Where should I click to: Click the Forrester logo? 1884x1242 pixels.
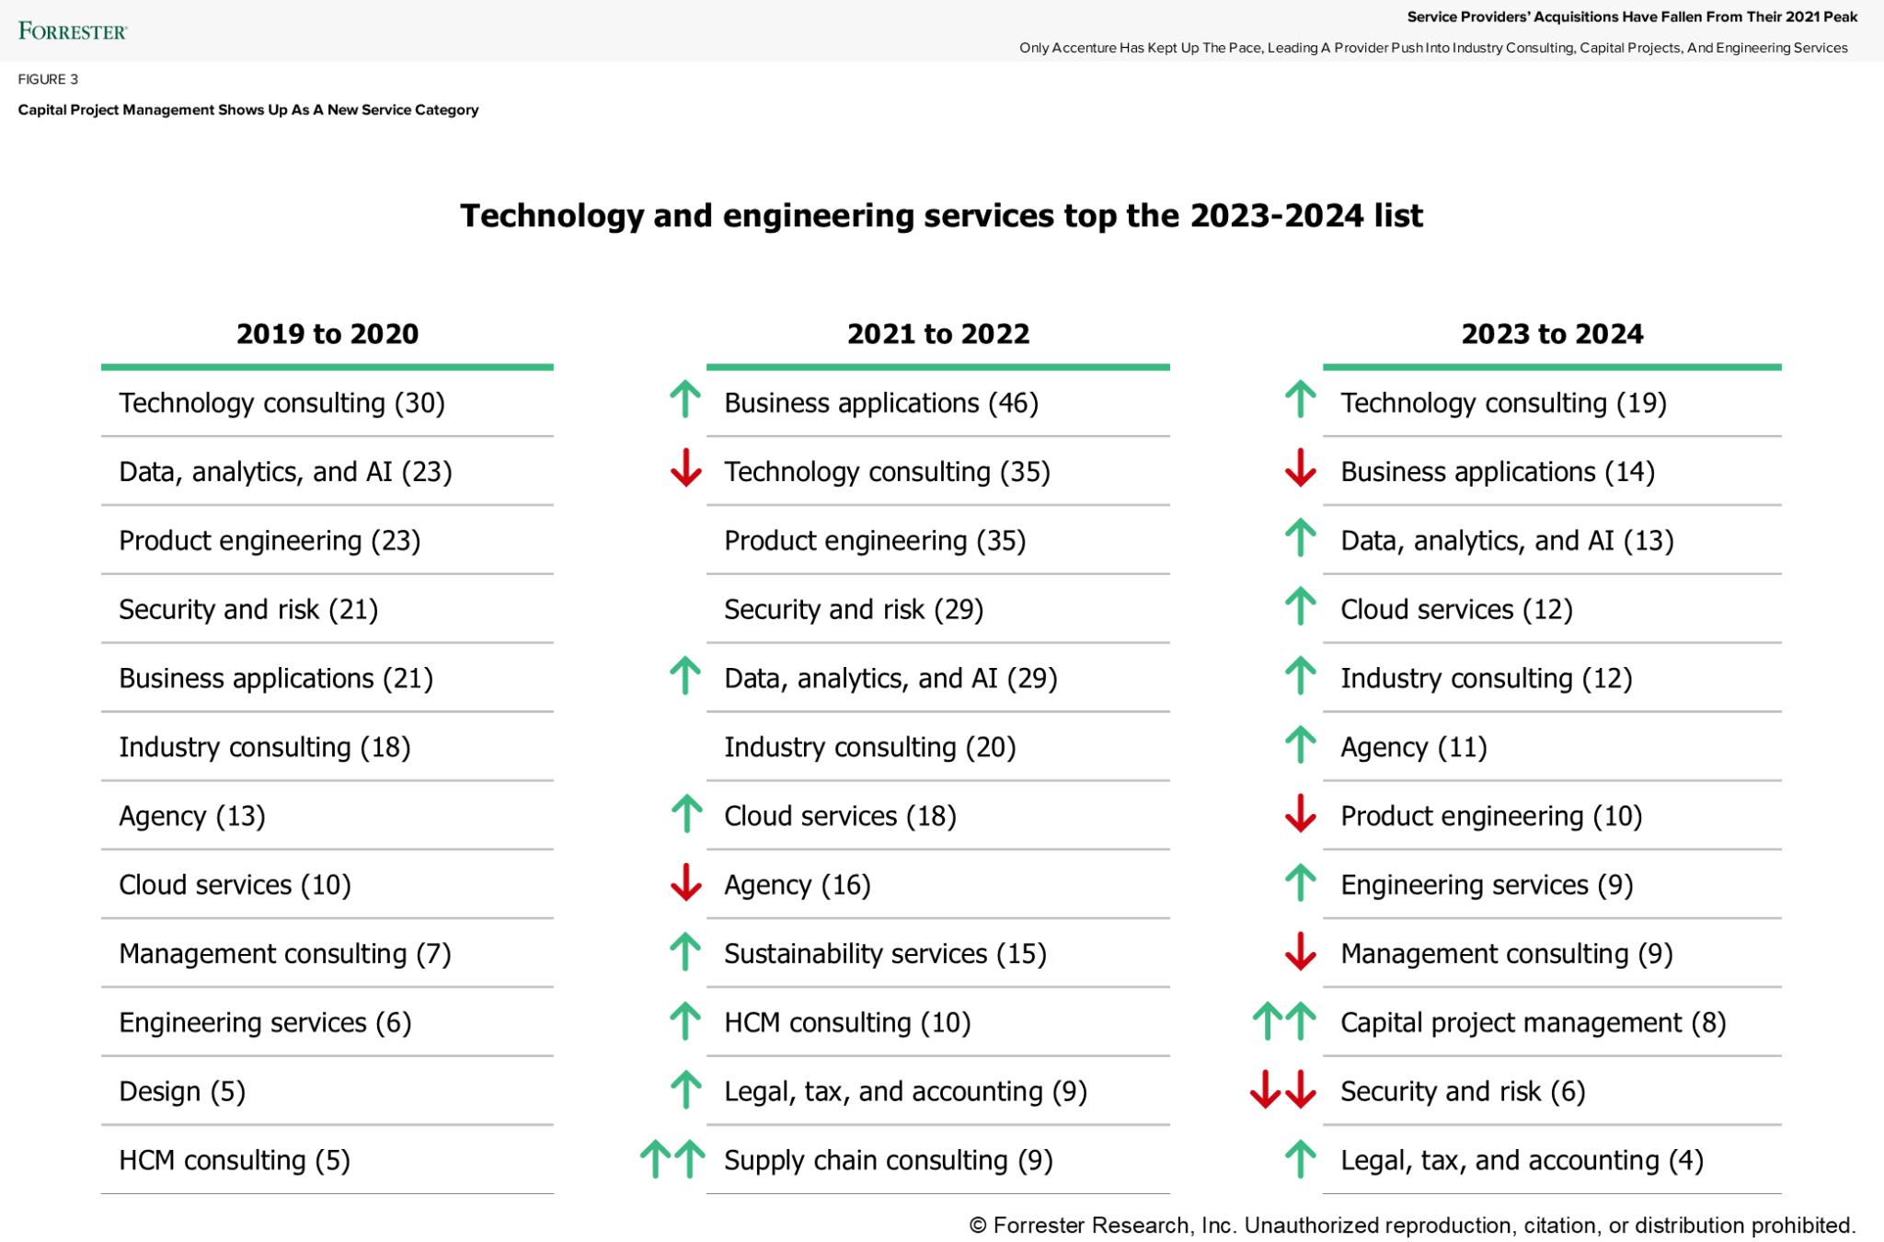pos(72,31)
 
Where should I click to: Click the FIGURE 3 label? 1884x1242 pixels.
pos(48,79)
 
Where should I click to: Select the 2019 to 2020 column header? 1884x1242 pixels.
pos(327,334)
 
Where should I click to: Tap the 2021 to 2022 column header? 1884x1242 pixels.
pos(937,334)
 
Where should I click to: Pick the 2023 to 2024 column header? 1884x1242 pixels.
pos(1552,334)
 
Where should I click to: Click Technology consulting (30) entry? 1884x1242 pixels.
pos(281,403)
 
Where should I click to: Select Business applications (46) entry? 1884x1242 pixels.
pos(880,403)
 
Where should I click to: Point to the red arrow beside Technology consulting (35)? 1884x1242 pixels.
pos(685,468)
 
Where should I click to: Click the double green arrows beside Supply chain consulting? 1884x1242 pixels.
pos(672,1158)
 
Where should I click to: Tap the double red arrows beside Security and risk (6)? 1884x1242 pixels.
pos(1282,1089)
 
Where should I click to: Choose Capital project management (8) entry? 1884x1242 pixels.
pos(1533,1023)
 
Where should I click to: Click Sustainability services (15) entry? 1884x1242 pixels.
pos(885,954)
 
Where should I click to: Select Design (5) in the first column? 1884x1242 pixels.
pos(182,1092)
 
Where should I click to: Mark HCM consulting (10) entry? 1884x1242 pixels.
pos(847,1023)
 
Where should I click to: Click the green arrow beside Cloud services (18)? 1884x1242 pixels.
pos(686,813)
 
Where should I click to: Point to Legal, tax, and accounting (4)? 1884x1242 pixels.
pos(1522,1161)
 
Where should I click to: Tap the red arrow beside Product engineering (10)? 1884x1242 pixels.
pos(1300,813)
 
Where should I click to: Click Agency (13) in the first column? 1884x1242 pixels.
pos(191,816)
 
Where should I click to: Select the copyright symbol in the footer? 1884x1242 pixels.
pos(978,1225)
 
